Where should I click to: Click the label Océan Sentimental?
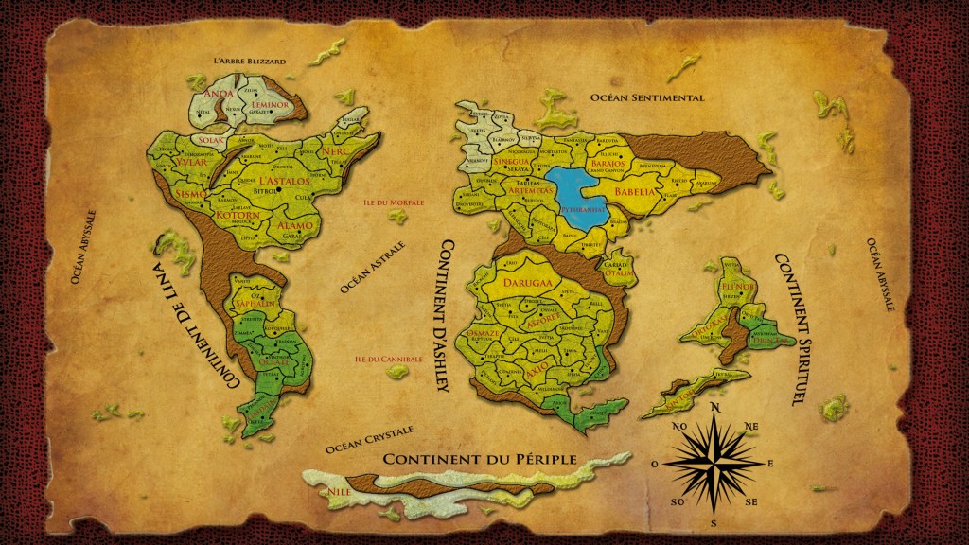[647, 97]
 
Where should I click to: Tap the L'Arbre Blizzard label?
[250, 61]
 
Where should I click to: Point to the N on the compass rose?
[714, 408]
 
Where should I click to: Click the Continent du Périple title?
[480, 459]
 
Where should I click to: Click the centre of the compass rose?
[714, 464]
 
